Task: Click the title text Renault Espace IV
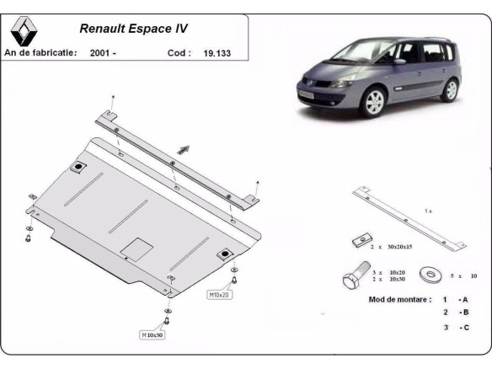coord(133,27)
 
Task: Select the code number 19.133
coord(217,53)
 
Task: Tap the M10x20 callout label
coord(219,295)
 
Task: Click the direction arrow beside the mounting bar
coord(184,150)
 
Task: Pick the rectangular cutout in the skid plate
coord(136,249)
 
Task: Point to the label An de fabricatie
coord(41,53)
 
